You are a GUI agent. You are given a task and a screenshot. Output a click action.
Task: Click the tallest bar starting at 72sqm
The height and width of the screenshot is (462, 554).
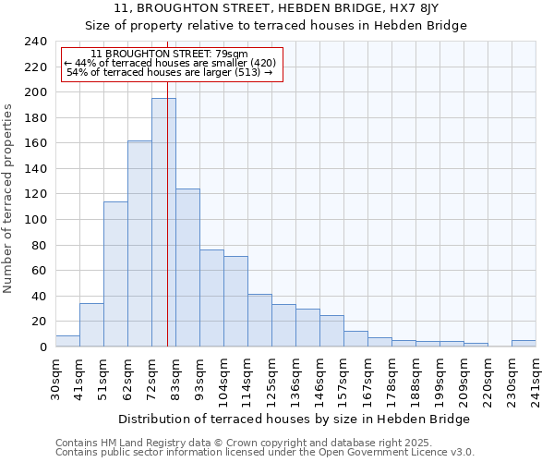click(163, 222)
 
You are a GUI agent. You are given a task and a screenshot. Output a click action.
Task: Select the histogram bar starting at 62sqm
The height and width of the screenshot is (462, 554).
click(139, 244)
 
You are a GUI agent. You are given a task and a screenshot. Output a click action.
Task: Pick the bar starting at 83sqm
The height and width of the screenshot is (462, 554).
click(187, 268)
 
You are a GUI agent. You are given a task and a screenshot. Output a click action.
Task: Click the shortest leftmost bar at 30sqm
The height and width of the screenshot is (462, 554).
click(67, 341)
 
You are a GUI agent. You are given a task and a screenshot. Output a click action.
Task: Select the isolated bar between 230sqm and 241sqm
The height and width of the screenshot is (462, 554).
click(524, 343)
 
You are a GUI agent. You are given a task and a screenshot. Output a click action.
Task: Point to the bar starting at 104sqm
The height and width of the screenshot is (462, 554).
click(235, 301)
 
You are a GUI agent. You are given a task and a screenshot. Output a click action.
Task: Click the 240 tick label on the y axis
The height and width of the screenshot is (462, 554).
click(35, 42)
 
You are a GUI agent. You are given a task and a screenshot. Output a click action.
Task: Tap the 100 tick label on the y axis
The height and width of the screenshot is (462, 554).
click(35, 220)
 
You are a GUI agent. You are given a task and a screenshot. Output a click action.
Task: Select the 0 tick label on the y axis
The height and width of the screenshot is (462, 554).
click(42, 347)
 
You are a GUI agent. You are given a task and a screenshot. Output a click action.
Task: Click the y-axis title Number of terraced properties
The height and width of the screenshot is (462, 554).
click(8, 199)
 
